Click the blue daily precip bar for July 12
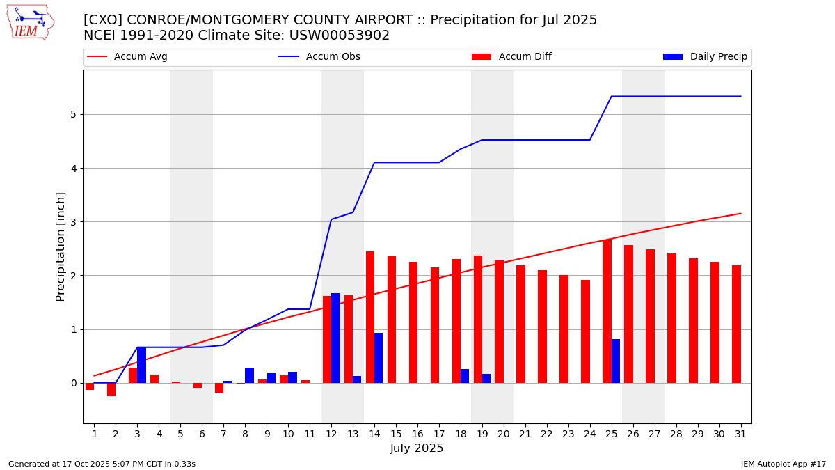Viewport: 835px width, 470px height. click(335, 338)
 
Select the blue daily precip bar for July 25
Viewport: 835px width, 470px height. click(616, 361)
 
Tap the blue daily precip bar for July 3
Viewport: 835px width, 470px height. click(141, 365)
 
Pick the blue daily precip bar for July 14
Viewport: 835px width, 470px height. click(379, 358)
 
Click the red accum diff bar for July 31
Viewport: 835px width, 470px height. click(736, 324)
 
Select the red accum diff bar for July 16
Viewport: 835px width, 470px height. click(413, 322)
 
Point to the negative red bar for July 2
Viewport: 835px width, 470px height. click(111, 389)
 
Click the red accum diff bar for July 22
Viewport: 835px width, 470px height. click(542, 327)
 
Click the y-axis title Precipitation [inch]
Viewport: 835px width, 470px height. click(61, 246)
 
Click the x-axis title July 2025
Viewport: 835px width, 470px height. click(417, 448)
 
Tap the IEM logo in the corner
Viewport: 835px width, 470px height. click(30, 22)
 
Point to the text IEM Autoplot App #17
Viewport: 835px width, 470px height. click(783, 464)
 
